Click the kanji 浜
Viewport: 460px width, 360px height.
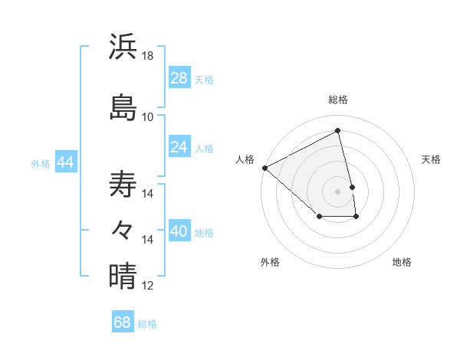point(123,47)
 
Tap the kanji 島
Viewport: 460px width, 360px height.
point(123,106)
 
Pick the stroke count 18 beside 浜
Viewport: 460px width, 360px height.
point(148,56)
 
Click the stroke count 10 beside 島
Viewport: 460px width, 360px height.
point(148,116)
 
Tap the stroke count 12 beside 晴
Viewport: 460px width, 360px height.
point(148,286)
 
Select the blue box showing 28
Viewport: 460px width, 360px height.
point(179,78)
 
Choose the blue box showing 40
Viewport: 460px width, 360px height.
point(179,231)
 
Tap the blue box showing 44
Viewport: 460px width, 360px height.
point(65,162)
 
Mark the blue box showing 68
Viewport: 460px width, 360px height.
point(123,322)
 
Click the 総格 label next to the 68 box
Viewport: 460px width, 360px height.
point(147,324)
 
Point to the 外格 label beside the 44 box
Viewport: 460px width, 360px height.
point(40,163)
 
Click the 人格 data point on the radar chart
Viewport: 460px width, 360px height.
point(264,168)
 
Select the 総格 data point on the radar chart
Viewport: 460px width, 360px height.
point(337,131)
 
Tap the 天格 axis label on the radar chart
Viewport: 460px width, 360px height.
point(431,159)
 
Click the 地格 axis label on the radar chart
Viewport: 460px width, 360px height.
point(402,262)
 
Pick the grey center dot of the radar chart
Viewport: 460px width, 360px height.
point(337,191)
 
